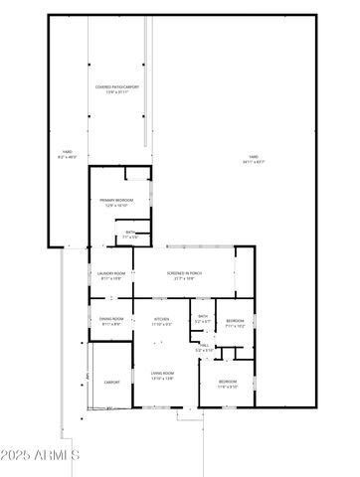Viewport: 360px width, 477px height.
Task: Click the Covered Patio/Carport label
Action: [x=117, y=87]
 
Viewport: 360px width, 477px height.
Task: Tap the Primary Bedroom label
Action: [x=116, y=201]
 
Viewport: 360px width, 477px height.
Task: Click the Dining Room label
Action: [x=110, y=319]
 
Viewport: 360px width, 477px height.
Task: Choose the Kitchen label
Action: [x=162, y=319]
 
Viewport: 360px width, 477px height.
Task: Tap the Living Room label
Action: [x=162, y=374]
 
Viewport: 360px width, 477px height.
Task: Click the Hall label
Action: [x=205, y=345]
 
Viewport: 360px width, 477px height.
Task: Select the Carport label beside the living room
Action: [x=111, y=382]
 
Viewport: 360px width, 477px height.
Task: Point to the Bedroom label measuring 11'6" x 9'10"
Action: [x=228, y=382]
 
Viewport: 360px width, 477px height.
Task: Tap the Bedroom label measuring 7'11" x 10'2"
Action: [x=235, y=320]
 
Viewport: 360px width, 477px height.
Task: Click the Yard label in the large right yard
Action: [x=254, y=157]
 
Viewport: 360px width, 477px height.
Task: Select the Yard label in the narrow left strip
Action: [x=68, y=151]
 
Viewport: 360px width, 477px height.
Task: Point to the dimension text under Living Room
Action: [x=162, y=379]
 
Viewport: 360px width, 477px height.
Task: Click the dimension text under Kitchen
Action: [x=162, y=324]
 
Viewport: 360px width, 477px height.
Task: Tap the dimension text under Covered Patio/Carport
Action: [x=117, y=92]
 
